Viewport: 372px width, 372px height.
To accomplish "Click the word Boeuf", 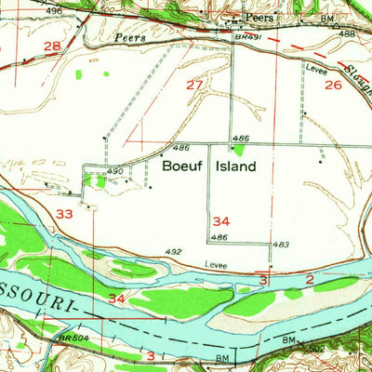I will click(182, 168).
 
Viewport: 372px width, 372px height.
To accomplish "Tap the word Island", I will click(232, 168).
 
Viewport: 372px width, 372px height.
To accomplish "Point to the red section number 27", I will click(194, 86).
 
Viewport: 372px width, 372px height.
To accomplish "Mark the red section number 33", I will click(64, 215).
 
